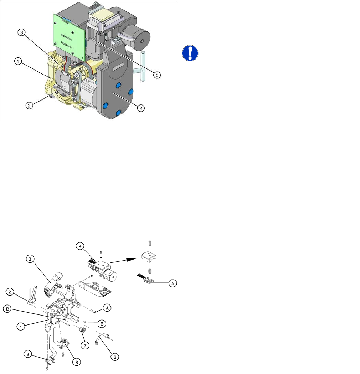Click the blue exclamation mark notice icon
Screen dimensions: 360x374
pyautogui.click(x=190, y=53)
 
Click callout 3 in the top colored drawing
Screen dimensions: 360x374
pyautogui.click(x=22, y=32)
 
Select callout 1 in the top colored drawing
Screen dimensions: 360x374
pyautogui.click(x=18, y=62)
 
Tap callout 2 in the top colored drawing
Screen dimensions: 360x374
pyautogui.click(x=29, y=106)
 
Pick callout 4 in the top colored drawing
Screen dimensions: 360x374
pyautogui.click(x=141, y=108)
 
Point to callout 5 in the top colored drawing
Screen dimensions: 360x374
pyautogui.click(x=157, y=75)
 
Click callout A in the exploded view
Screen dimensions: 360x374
pyautogui.click(x=107, y=308)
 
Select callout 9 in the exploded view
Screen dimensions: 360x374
pyautogui.click(x=28, y=354)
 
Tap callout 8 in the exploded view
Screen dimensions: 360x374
pyautogui.click(x=77, y=362)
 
